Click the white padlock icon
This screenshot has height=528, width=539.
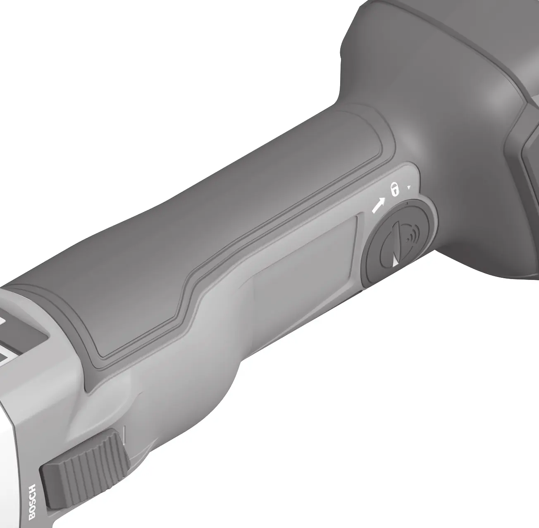coord(395,190)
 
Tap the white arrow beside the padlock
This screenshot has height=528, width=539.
coord(378,206)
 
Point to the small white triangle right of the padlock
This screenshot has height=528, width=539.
coord(409,188)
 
